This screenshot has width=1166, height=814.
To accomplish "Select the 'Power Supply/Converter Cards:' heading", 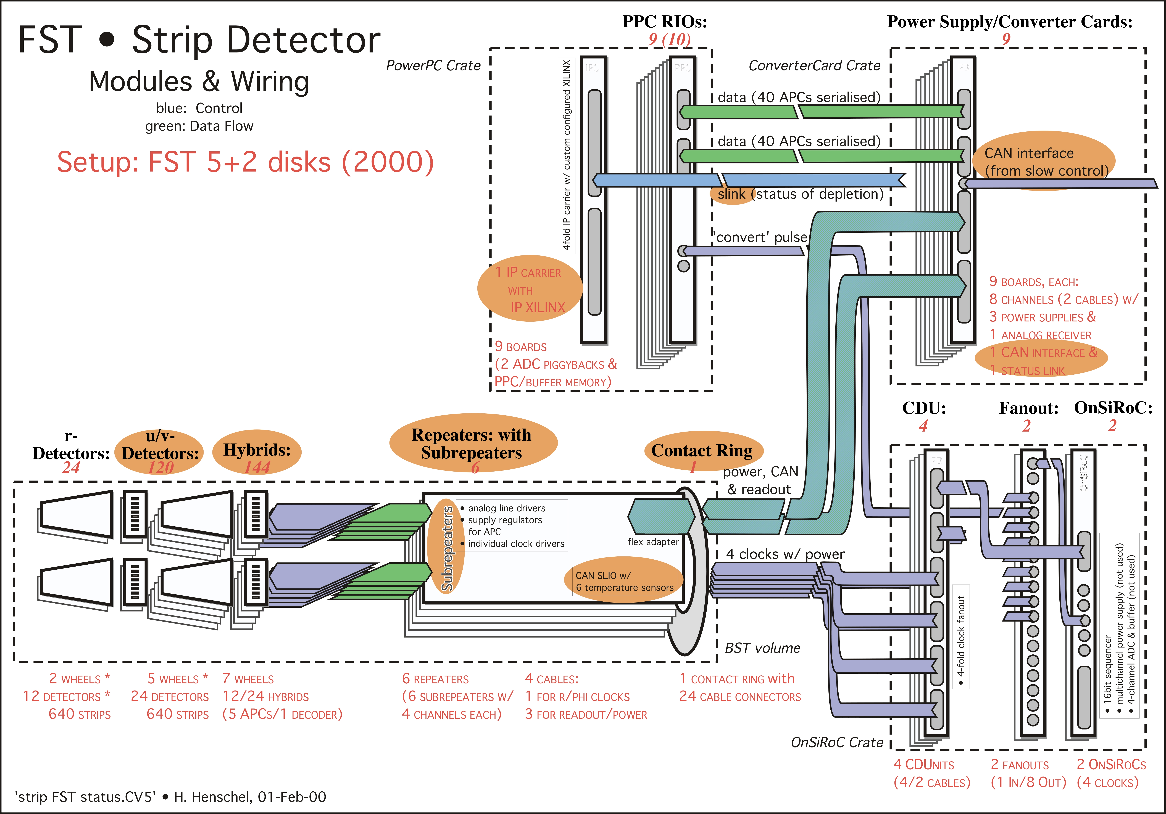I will pos(1009,22).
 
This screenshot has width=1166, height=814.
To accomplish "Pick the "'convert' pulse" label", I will pos(760,237).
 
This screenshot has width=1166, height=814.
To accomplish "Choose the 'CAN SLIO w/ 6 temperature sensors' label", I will pos(624,582).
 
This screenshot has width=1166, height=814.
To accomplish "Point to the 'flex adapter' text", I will pos(653,542).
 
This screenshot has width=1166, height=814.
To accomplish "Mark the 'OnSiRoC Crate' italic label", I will pos(837,742).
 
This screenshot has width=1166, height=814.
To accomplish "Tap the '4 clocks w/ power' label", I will pos(785,554).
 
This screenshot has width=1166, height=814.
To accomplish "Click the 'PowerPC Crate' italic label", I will pos(433,65).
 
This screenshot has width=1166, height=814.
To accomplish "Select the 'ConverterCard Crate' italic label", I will pos(814,65).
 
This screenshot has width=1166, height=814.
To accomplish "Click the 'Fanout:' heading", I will pos(1028,408).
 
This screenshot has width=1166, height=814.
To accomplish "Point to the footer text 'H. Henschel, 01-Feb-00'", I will pos(250,797).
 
